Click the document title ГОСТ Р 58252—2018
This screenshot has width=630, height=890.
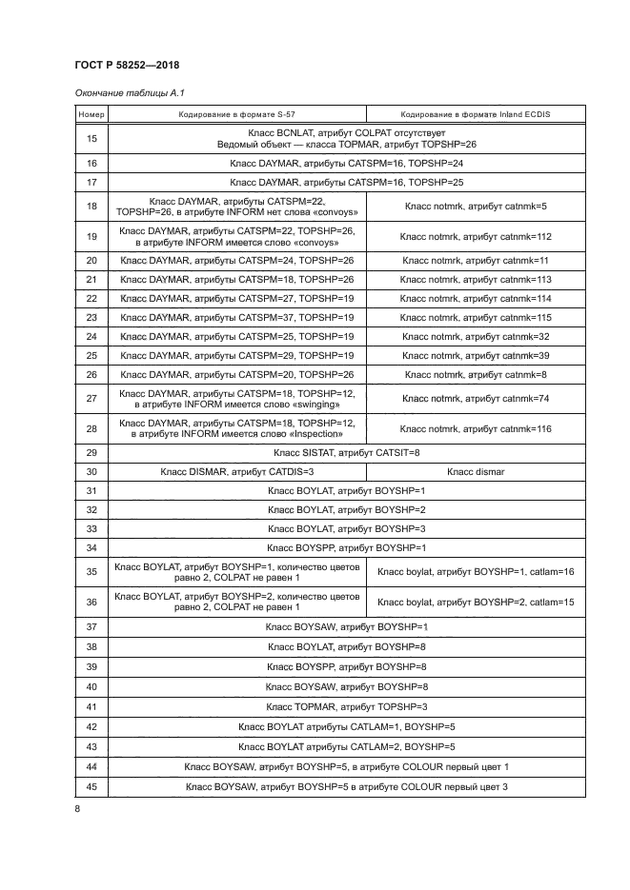click(x=127, y=65)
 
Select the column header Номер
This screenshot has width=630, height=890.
click(x=91, y=114)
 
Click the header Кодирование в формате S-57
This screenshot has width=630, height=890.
click(x=235, y=114)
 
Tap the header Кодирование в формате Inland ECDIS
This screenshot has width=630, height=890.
click(x=475, y=114)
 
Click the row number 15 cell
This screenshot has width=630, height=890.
click(x=91, y=138)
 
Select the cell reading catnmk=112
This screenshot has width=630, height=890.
click(x=475, y=235)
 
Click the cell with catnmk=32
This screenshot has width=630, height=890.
click(x=475, y=336)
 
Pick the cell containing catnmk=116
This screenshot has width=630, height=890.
click(x=475, y=428)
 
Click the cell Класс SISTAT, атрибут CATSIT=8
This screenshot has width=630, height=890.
click(x=346, y=452)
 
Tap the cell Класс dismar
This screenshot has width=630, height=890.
click(x=475, y=471)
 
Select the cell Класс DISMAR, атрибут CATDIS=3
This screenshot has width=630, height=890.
click(x=236, y=471)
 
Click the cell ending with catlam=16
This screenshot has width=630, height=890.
click(x=475, y=572)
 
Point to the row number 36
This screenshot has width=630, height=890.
click(x=91, y=602)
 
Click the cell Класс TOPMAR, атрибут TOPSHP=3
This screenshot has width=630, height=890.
click(x=346, y=706)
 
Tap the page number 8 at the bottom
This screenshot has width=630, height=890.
click(x=77, y=808)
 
